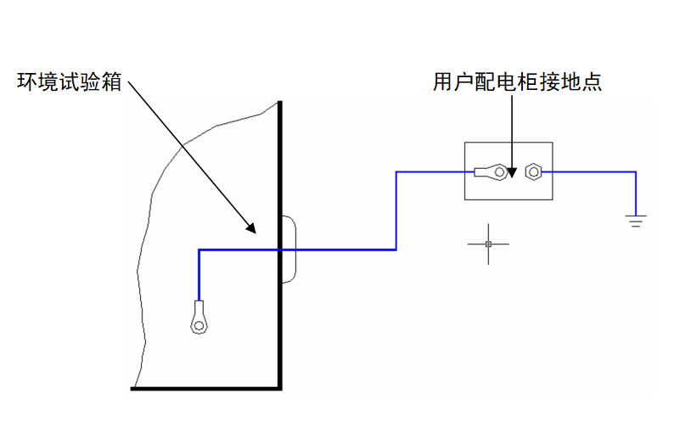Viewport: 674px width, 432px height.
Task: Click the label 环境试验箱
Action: coord(70,83)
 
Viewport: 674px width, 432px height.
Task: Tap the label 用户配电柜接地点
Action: coord(516,82)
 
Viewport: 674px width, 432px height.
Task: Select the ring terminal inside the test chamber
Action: coord(199,319)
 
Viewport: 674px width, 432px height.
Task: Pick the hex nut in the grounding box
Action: coord(533,171)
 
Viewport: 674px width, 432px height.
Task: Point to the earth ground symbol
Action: coord(635,222)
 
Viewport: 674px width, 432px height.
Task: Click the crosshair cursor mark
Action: coord(488,244)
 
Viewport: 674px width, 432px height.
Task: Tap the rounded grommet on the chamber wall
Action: coord(289,250)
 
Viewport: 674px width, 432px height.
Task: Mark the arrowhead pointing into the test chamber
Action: coord(251,227)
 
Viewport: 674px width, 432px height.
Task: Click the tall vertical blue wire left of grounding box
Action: coord(396,210)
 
